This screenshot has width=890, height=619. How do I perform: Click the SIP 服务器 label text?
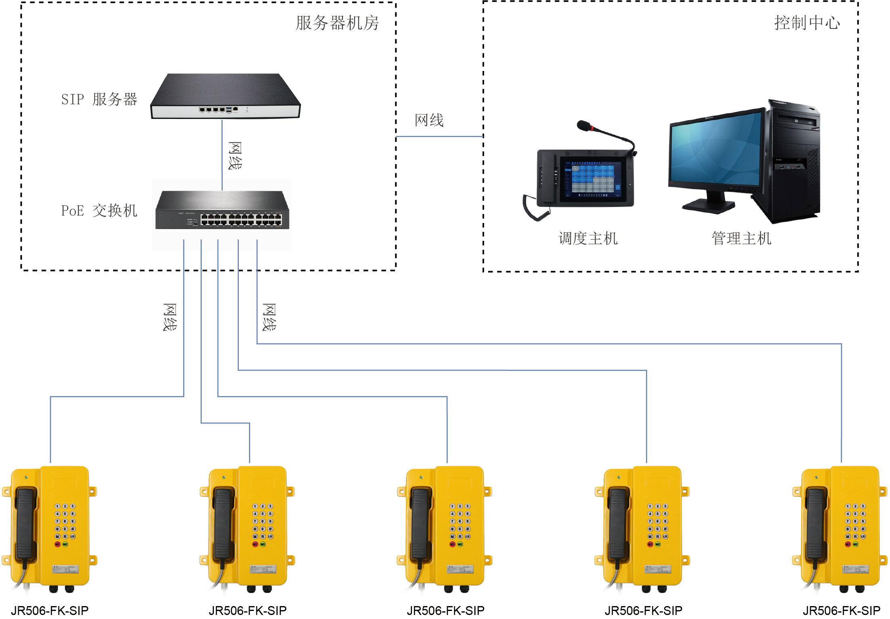coord(99,99)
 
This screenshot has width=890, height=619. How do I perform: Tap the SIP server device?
coord(225,97)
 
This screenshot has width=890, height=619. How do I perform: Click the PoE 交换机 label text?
coord(99,211)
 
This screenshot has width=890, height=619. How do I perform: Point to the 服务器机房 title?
coord(337,23)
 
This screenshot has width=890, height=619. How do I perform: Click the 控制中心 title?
coord(807,23)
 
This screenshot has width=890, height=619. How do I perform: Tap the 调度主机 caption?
coord(588,239)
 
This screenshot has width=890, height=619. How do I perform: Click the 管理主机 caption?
coord(741,239)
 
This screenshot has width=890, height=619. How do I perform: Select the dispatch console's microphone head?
coord(583,126)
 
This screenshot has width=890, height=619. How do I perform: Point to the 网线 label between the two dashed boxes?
coord(429,120)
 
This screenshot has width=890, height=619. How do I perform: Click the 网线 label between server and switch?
coord(235,156)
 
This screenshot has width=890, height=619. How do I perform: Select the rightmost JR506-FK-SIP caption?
coord(841,611)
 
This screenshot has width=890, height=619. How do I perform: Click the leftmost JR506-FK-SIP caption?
coord(50,611)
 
